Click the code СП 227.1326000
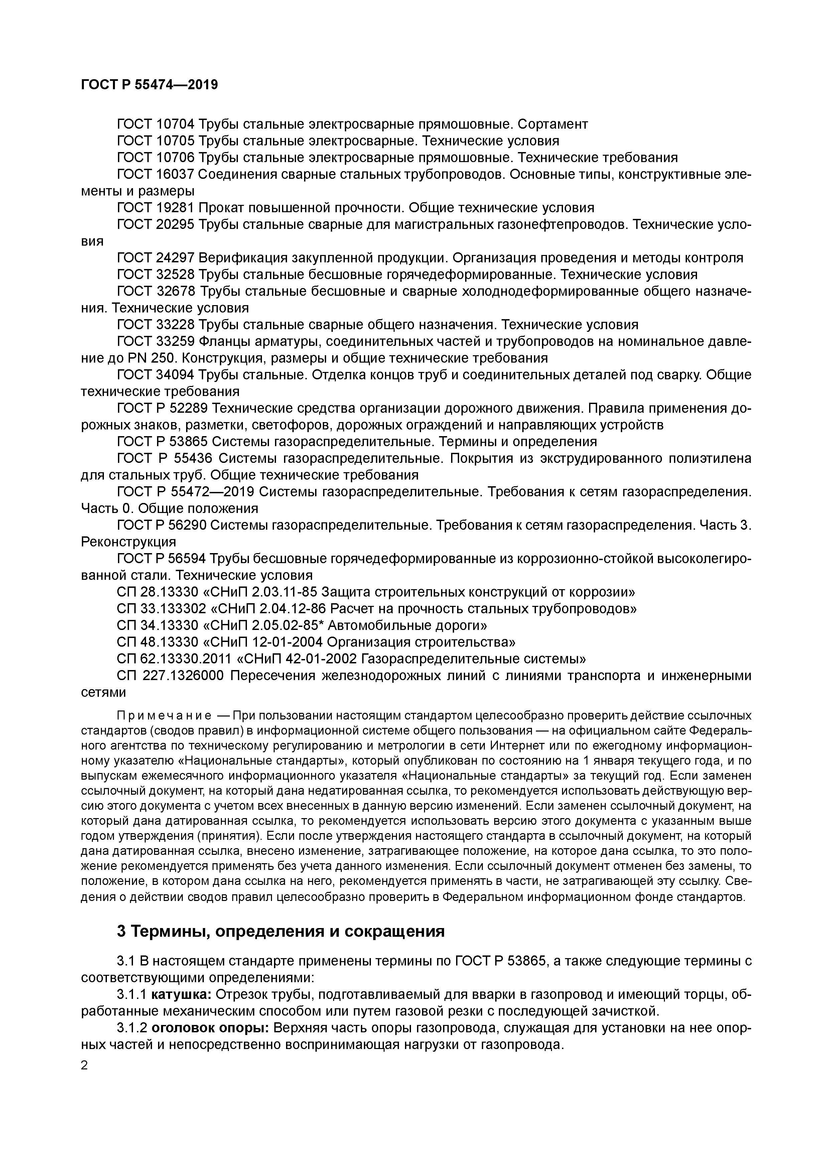[x=170, y=675]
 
